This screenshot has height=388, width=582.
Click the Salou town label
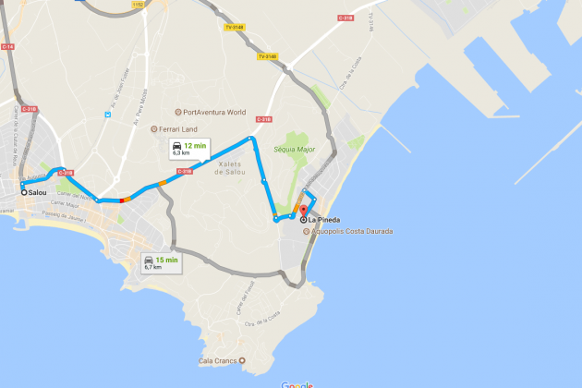click(38, 192)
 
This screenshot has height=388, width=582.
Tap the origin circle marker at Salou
click(24, 192)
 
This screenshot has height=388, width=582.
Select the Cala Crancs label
click(217, 360)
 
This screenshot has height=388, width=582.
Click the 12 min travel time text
click(194, 147)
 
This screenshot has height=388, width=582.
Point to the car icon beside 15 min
click(148, 261)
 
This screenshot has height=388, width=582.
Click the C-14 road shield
click(8, 45)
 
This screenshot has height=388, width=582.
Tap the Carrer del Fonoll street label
click(237, 297)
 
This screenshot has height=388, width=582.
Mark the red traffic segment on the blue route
click(120, 200)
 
